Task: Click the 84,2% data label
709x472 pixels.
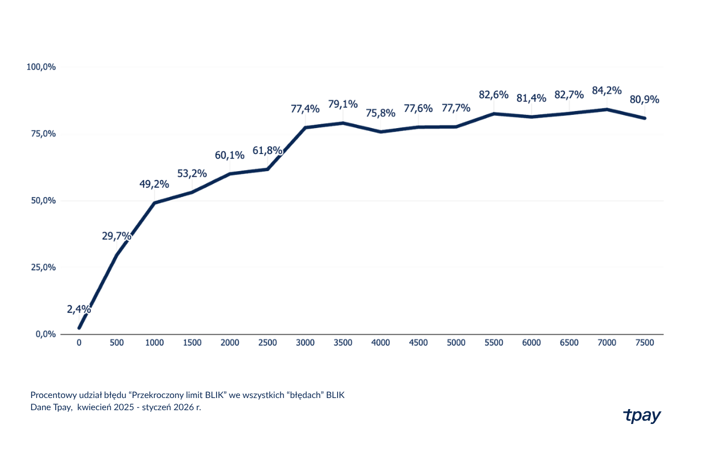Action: (x=606, y=91)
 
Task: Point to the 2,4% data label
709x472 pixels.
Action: (x=79, y=309)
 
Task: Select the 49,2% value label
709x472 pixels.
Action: (x=154, y=184)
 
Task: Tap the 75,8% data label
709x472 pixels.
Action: (x=380, y=113)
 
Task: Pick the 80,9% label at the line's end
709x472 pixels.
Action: (x=644, y=99)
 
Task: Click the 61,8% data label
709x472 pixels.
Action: (x=267, y=151)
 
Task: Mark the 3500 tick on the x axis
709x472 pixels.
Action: (x=343, y=343)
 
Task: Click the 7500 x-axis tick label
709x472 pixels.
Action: (x=644, y=343)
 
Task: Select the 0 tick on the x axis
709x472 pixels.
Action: (x=79, y=343)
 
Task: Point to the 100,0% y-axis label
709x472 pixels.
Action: (x=41, y=67)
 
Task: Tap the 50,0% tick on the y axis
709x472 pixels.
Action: (x=43, y=201)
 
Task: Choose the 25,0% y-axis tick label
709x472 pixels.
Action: (x=43, y=267)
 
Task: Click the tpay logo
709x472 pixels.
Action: (x=642, y=416)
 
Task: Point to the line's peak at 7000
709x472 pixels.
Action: (x=607, y=109)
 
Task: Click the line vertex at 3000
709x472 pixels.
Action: (x=305, y=128)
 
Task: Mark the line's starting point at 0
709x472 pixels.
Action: (x=79, y=328)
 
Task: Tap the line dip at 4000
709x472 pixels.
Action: (x=380, y=132)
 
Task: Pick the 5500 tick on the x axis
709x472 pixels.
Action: (x=494, y=343)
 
